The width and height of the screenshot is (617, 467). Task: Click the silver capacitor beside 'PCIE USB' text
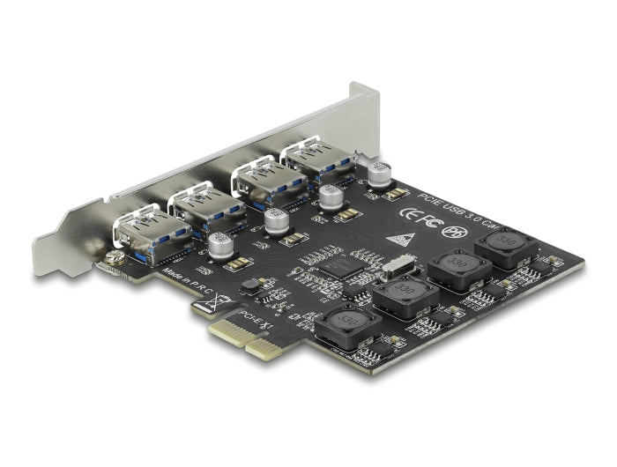tap(380, 174)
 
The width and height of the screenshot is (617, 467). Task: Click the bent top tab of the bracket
tap(364, 94)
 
